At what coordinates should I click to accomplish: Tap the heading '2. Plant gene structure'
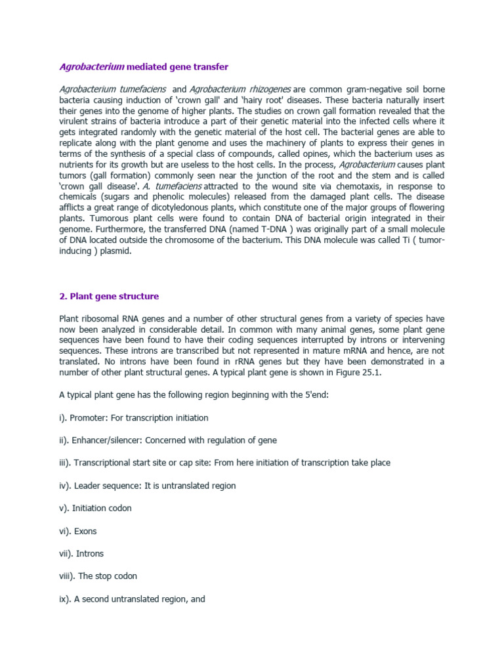click(109, 297)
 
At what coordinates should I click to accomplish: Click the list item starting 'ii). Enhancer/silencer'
click(168, 440)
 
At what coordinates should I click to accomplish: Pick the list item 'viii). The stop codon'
click(98, 576)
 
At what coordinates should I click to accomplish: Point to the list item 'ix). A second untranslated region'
click(132, 598)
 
